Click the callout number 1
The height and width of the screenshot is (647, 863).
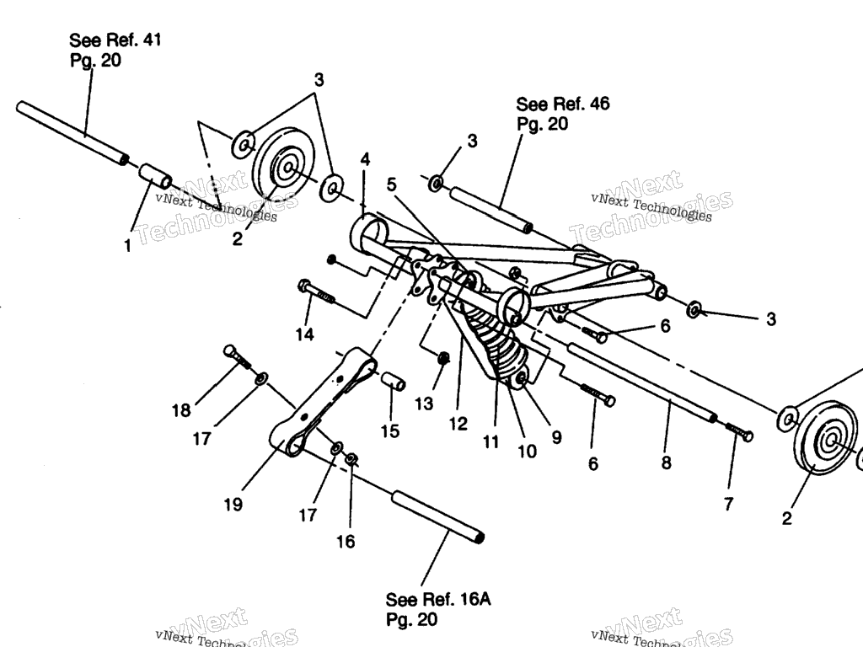[128, 245]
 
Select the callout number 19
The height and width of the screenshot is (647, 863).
[233, 504]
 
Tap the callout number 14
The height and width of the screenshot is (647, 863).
[304, 334]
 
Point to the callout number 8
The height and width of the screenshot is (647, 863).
[666, 463]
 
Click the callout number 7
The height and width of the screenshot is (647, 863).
[728, 504]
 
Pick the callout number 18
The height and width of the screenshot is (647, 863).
[182, 410]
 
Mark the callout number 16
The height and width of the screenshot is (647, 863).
[346, 541]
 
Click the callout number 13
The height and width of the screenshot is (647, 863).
[423, 404]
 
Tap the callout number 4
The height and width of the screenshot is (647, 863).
[365, 159]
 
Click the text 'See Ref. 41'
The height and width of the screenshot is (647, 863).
[115, 40]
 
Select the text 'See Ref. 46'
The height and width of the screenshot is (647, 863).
[562, 104]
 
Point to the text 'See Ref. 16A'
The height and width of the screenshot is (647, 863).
[437, 599]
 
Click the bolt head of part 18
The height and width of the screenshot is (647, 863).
[231, 352]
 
